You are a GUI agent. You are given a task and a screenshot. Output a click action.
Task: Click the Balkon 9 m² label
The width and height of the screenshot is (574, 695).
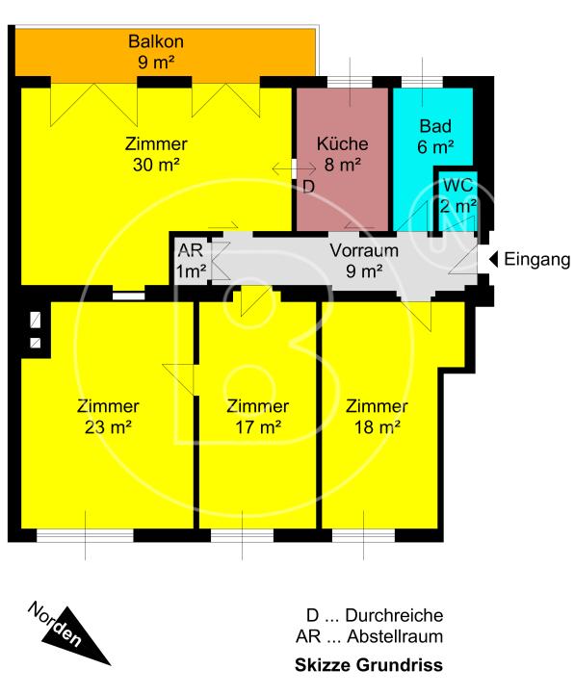[156, 51]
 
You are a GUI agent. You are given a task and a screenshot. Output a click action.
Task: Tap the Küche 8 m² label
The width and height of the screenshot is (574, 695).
[342, 154]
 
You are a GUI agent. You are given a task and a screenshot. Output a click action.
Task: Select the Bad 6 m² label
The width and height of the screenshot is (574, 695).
[435, 136]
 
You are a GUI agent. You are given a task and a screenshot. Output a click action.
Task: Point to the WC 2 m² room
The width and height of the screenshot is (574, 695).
[458, 201]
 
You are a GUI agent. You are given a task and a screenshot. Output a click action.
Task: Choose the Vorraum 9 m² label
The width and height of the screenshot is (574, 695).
[364, 260]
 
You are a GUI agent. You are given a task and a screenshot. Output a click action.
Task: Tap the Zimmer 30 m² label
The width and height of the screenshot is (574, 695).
[156, 154]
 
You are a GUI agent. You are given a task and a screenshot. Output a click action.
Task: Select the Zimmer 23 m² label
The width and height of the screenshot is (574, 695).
[108, 416]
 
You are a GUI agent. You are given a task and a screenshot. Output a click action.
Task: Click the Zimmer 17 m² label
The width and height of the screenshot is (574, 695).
[258, 416]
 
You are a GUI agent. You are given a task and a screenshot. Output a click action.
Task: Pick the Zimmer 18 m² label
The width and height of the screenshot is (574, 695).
[377, 416]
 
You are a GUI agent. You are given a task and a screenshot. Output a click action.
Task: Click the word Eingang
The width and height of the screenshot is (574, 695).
[536, 260]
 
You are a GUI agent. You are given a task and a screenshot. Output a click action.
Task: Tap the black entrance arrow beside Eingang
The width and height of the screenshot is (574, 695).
[493, 259]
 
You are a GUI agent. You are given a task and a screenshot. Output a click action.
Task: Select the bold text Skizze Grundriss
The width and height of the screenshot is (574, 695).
[369, 665]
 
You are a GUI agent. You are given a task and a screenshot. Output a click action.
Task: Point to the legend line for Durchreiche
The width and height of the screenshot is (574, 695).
[375, 615]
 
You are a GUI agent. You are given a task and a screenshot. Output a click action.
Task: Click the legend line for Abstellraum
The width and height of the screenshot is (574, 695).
[370, 636]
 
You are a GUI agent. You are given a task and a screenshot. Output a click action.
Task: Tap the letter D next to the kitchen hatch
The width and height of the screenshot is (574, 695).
[309, 187]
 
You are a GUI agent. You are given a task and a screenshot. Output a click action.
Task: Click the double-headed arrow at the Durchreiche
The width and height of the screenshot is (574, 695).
[294, 168]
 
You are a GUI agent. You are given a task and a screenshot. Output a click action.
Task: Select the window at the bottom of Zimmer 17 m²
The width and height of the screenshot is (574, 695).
[242, 536]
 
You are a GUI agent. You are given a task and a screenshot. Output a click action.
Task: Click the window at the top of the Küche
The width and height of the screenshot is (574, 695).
[350, 82]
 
